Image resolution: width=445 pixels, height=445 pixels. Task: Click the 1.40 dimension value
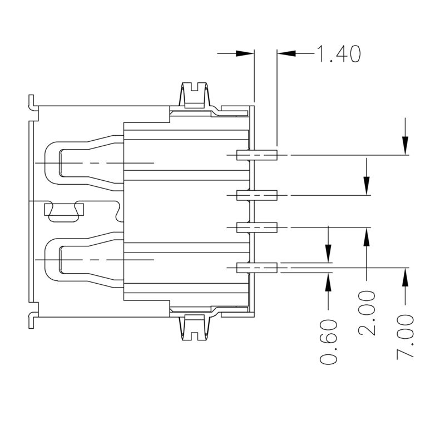[x=339, y=54]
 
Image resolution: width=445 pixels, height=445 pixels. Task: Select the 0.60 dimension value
[x=329, y=342]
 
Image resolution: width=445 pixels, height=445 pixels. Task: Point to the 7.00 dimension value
[x=406, y=337]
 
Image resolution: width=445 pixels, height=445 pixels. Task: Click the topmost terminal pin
[x=257, y=155]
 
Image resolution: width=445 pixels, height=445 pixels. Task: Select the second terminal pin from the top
[x=257, y=195]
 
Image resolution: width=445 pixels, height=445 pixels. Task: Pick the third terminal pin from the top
[x=257, y=227]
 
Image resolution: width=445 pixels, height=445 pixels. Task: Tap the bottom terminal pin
[x=257, y=268]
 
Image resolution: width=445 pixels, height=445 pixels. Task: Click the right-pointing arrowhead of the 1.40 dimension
[x=245, y=54]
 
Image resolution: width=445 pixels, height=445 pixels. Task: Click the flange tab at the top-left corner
[x=32, y=102]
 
